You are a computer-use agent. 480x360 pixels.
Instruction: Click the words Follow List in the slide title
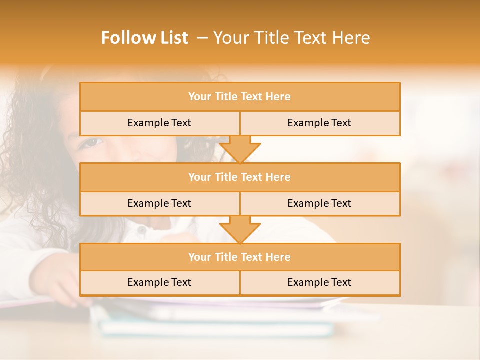144,38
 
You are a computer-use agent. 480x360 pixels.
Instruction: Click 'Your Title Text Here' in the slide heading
291,38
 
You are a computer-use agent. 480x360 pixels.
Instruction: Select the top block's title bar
240,97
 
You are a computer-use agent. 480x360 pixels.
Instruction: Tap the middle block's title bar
240,177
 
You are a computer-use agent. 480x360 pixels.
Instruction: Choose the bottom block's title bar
240,257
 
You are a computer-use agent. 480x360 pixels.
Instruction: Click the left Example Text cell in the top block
159,123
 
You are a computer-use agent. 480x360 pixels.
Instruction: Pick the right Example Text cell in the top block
319,123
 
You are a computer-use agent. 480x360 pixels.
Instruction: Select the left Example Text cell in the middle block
159,203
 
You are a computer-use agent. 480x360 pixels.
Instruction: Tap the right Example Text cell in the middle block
319,203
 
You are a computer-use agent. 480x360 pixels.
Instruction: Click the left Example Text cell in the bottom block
159,282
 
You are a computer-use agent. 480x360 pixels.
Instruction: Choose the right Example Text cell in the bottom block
319,282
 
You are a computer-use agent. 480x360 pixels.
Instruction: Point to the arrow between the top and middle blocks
240,149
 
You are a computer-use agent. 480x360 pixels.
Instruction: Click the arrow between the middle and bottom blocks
240,229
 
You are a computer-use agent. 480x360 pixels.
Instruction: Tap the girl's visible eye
90,142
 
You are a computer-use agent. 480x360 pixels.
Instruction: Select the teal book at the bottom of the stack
215,328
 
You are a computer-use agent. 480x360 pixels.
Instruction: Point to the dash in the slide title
202,38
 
